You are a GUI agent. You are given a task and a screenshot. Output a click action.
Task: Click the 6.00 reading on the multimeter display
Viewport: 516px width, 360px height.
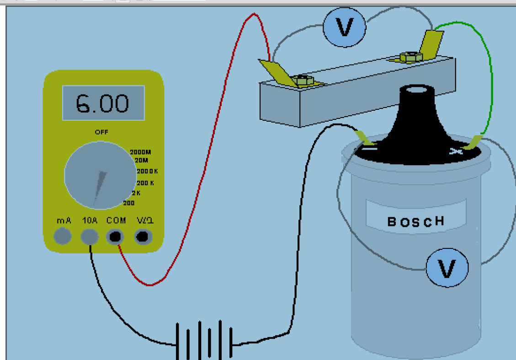102,103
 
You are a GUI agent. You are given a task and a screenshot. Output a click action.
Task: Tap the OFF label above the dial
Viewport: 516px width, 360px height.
101,132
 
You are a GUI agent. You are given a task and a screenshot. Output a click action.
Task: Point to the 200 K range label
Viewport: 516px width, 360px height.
145,183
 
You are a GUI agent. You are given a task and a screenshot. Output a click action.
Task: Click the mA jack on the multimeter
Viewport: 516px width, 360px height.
63,236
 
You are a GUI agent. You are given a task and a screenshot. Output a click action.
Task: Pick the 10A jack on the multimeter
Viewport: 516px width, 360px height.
90,236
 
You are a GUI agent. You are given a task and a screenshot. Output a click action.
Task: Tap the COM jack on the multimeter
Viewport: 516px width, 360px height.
116,236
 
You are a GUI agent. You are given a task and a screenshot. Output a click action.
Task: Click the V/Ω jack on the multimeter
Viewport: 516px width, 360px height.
144,236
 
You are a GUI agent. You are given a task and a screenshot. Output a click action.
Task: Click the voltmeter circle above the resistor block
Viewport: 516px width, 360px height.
345,27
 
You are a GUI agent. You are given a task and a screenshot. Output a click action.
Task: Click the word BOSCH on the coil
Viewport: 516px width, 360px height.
416,221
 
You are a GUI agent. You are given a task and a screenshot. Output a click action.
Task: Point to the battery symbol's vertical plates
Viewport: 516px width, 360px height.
204,340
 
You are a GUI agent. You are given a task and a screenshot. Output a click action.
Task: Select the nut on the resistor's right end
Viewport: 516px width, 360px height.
407,57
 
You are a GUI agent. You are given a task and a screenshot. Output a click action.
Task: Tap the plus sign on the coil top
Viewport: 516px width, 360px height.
454,150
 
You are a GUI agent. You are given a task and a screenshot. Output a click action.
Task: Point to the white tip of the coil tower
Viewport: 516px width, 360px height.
417,90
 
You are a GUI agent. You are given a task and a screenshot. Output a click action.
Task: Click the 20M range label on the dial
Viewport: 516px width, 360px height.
141,160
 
